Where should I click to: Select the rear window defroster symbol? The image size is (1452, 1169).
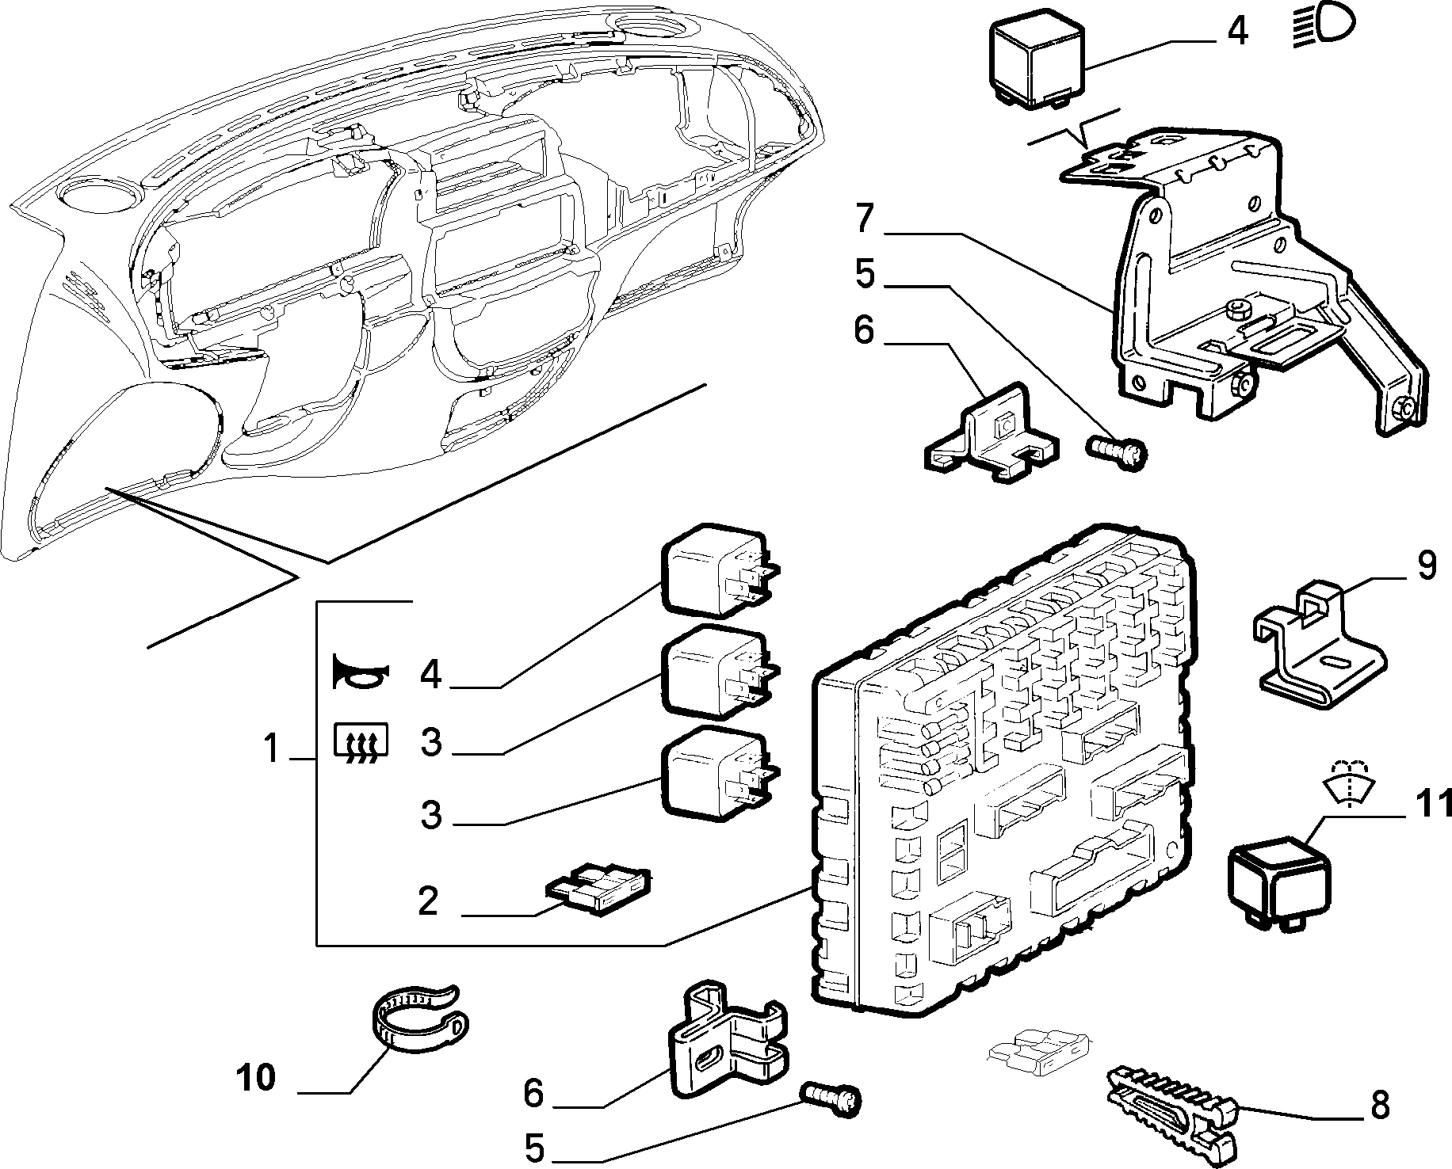tap(361, 743)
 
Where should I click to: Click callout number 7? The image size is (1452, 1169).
tap(865, 219)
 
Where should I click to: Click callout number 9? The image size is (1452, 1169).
tap(1427, 567)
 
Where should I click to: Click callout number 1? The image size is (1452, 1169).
tap(272, 748)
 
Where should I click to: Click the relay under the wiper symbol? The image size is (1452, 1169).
tap(1278, 885)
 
